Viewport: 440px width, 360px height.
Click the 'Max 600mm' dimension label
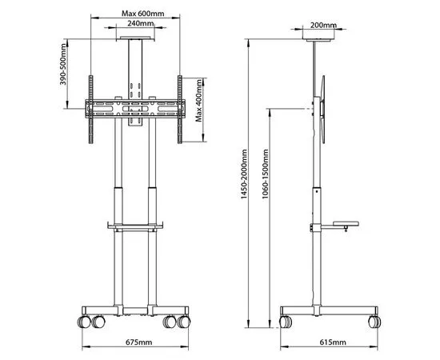133,13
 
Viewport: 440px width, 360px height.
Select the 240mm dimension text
133,24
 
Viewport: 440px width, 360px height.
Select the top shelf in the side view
318,38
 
